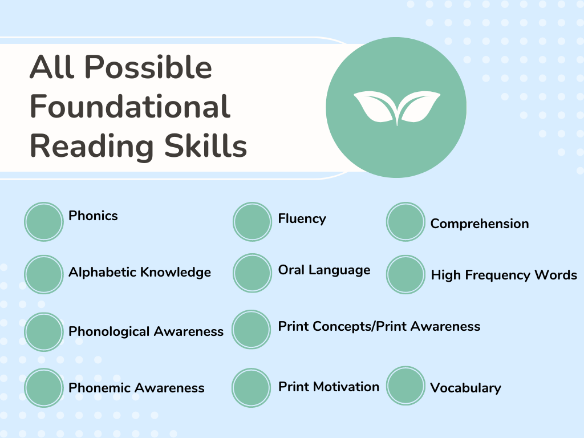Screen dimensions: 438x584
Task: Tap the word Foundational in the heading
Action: pos(130,107)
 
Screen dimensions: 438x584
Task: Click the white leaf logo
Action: pos(396,108)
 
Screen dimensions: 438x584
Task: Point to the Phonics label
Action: pos(93,216)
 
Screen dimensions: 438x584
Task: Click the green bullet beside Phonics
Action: pos(43,221)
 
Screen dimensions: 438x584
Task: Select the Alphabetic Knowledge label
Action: pos(140,272)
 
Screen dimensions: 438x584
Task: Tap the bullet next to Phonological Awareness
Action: pos(43,332)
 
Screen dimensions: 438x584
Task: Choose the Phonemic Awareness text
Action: pos(136,388)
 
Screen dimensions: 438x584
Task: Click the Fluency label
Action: pos(302,218)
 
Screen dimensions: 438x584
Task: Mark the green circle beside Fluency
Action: pos(252,221)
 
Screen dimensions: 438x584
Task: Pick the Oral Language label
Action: pos(324,270)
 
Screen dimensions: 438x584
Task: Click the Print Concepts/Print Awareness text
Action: pos(379,326)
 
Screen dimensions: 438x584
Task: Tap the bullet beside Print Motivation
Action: pos(251,388)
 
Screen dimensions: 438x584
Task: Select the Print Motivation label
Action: pos(328,387)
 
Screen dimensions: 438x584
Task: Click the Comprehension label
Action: pos(480,224)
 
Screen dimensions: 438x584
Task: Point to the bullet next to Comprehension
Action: pos(405,221)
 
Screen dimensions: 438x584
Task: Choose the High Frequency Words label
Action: pos(504,275)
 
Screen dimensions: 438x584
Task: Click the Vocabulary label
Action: pos(465,388)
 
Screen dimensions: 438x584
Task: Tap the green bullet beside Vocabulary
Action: pos(405,386)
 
